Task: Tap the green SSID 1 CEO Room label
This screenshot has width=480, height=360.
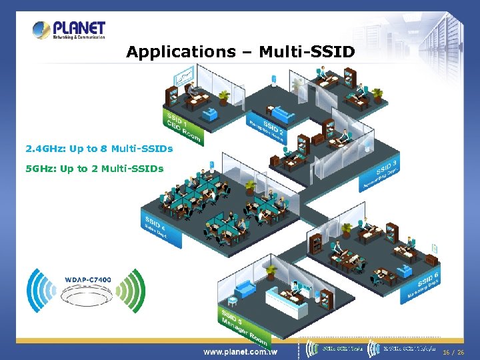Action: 182,127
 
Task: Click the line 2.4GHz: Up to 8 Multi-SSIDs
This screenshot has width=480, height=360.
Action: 99,147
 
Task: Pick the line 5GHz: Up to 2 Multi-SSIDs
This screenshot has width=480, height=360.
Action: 94,169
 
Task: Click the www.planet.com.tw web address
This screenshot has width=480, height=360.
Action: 241,351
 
